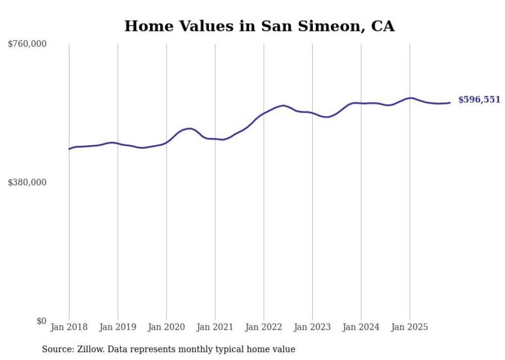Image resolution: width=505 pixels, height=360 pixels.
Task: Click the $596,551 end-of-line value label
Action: point(479,100)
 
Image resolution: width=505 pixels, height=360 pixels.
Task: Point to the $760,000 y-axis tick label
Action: point(27,44)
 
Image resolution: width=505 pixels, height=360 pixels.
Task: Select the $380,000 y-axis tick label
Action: point(27,182)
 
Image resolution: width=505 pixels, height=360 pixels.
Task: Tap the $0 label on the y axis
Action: point(41,321)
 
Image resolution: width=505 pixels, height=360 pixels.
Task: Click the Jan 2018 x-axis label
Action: point(69,327)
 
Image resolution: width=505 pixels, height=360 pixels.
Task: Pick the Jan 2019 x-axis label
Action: point(117,327)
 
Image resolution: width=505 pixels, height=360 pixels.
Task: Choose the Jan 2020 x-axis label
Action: point(166,327)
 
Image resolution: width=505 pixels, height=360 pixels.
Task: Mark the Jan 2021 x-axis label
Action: point(215,327)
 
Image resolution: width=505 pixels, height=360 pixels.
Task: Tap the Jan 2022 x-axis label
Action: point(264,327)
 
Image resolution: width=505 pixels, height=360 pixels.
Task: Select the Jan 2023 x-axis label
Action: point(312,327)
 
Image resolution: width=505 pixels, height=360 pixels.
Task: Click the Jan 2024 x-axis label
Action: point(361,327)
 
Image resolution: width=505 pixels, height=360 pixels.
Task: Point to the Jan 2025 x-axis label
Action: point(410,327)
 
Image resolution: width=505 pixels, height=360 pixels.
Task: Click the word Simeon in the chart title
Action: point(319,26)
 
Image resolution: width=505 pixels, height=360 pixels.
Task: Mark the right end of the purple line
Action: point(450,102)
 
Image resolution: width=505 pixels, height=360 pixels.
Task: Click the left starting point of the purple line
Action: point(69,149)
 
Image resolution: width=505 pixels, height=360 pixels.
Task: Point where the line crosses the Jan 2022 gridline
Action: point(264,113)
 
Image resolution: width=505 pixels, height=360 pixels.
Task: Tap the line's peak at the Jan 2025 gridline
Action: point(410,98)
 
